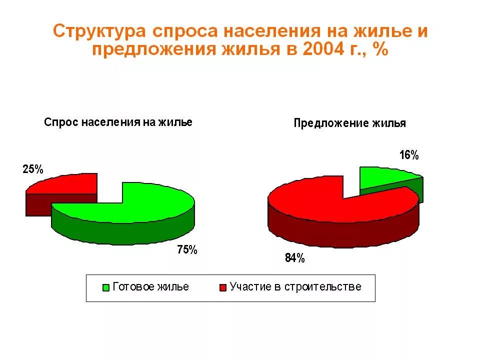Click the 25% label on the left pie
click(33, 169)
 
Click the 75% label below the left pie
click(187, 250)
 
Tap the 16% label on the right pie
click(408, 155)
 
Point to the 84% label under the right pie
click(294, 258)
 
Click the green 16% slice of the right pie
click(385, 177)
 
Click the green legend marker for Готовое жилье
click(105, 287)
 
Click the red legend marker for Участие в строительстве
click(222, 287)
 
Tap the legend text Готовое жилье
click(151, 287)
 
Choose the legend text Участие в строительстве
click(295, 287)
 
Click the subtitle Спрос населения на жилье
click(118, 122)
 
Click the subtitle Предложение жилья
click(349, 123)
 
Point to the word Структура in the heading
click(100, 31)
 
